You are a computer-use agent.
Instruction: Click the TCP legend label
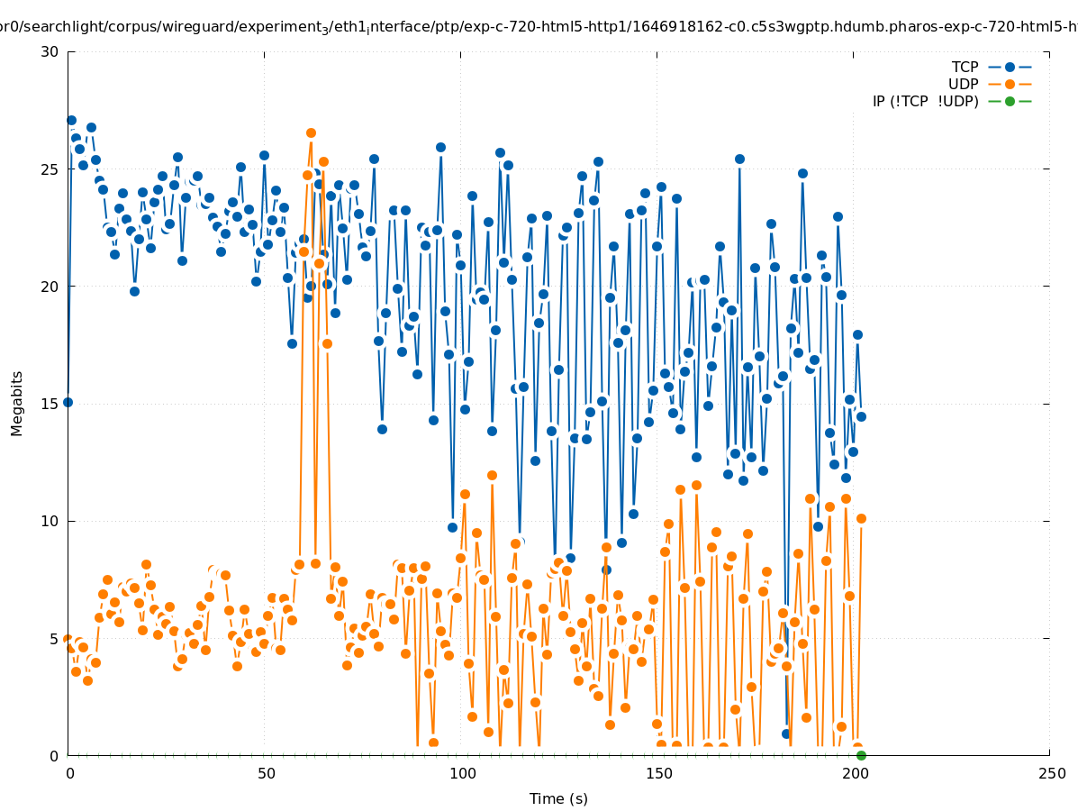click(x=965, y=68)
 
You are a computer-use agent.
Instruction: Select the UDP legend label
click(x=963, y=85)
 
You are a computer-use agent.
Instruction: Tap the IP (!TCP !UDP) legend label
click(x=925, y=102)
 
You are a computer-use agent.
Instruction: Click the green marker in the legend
click(x=1010, y=102)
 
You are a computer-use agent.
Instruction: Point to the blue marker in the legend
click(x=1010, y=68)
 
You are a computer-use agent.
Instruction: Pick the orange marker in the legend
click(x=1010, y=85)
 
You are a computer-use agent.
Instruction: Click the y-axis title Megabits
click(x=17, y=403)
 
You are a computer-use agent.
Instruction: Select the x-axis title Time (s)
click(x=558, y=798)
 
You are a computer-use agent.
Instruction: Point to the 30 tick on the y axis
click(x=50, y=51)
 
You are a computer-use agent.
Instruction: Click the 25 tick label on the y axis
click(x=50, y=169)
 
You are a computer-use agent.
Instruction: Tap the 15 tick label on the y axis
click(x=50, y=404)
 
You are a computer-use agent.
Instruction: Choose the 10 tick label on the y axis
click(x=50, y=521)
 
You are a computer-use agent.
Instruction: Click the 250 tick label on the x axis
click(x=1050, y=773)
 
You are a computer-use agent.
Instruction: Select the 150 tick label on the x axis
click(x=657, y=773)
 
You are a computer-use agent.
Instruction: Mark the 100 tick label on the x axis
click(x=461, y=773)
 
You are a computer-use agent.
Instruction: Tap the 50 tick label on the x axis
click(x=265, y=773)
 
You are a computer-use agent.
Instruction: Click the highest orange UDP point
click(x=311, y=133)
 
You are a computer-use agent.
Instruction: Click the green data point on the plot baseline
click(x=861, y=755)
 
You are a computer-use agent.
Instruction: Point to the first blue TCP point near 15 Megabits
click(x=68, y=402)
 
